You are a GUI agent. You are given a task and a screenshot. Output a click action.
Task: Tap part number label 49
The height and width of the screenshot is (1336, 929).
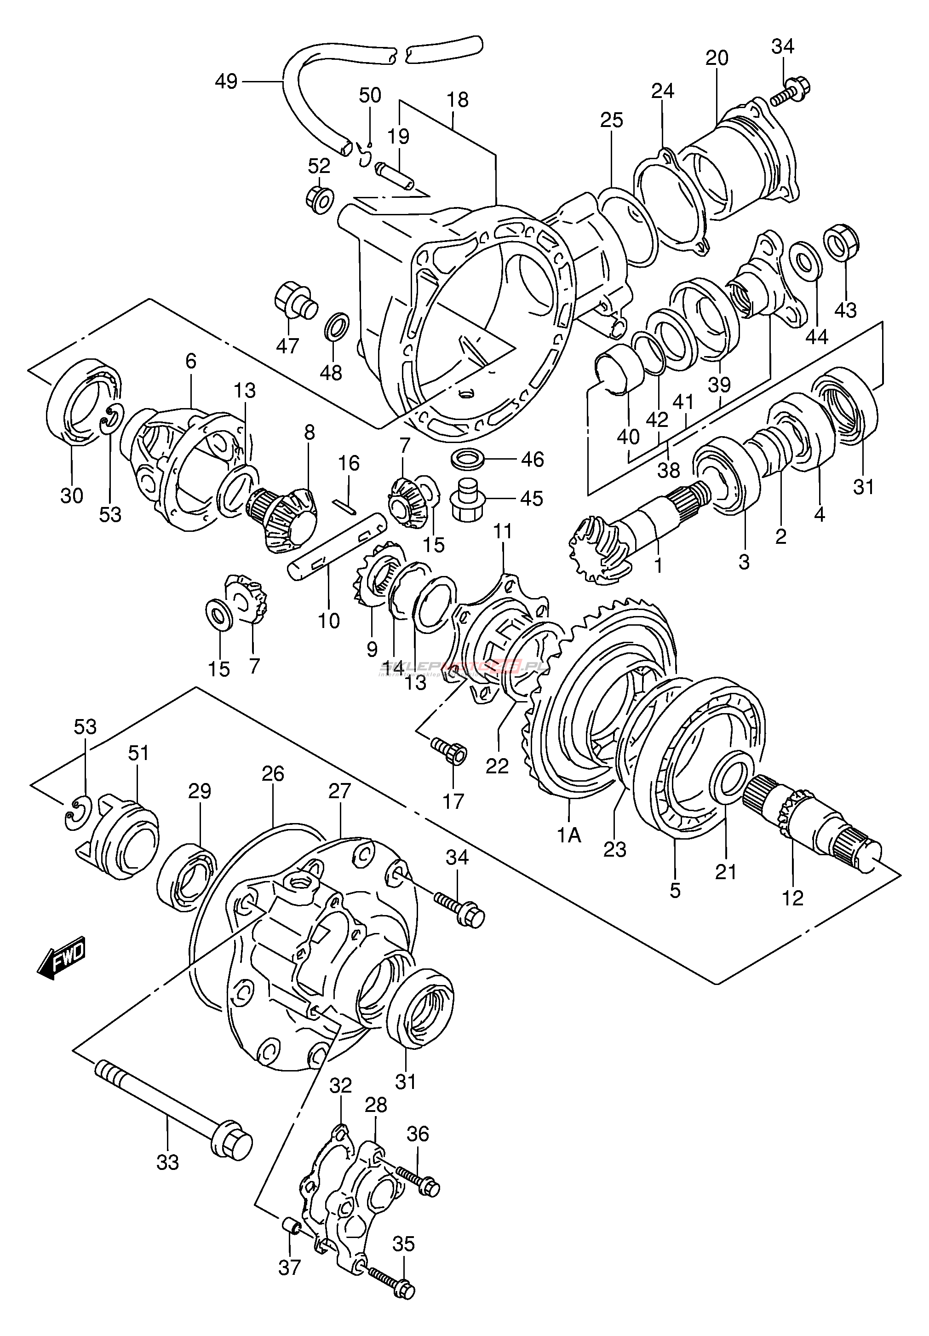point(226,81)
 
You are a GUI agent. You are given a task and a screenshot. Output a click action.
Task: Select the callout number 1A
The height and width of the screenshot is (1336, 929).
point(569,835)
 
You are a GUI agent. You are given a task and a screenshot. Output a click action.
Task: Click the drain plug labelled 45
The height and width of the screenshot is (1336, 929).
point(467,499)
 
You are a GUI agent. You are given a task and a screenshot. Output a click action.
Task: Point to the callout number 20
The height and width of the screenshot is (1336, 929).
point(717,58)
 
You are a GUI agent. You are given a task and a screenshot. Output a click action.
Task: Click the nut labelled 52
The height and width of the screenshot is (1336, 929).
point(319,199)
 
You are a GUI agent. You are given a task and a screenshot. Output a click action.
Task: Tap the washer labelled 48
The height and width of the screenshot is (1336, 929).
point(336,327)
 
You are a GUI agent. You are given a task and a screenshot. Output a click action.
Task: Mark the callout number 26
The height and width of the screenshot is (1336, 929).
point(272,774)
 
